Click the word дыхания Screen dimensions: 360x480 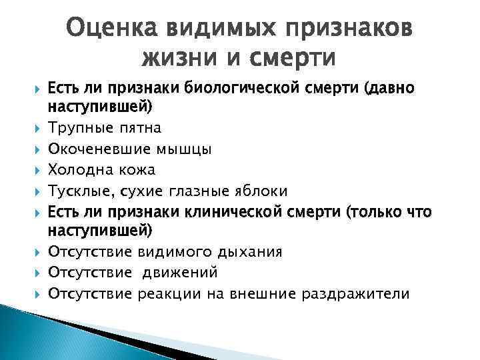[x=253, y=251]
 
